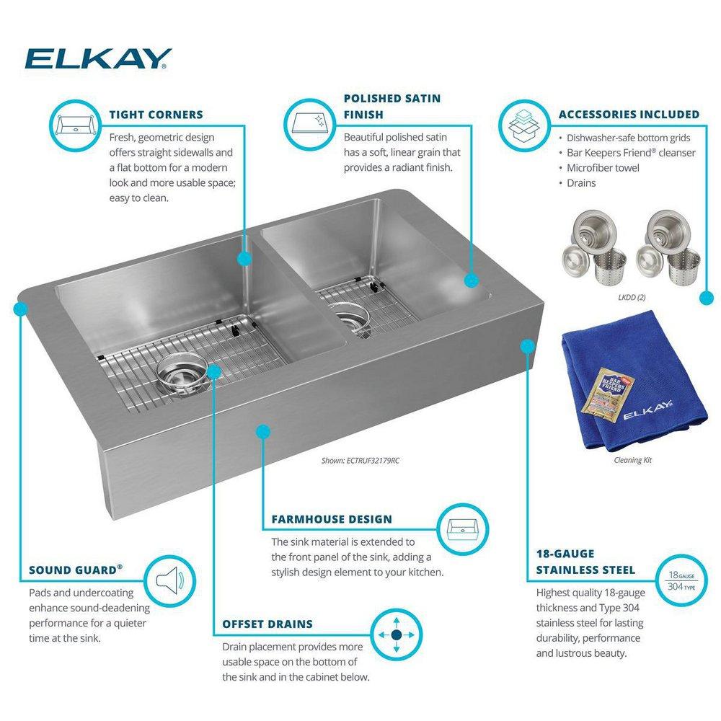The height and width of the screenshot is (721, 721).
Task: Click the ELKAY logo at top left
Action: click(97, 58)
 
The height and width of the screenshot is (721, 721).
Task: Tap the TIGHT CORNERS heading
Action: click(156, 115)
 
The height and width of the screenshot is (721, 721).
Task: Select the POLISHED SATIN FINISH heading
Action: click(392, 106)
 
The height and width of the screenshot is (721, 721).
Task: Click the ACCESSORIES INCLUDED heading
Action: click(629, 115)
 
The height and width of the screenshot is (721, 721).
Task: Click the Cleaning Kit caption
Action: click(633, 459)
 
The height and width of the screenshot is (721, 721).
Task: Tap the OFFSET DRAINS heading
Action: click(267, 624)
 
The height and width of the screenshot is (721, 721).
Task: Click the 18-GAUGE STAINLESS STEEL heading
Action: click(586, 562)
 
